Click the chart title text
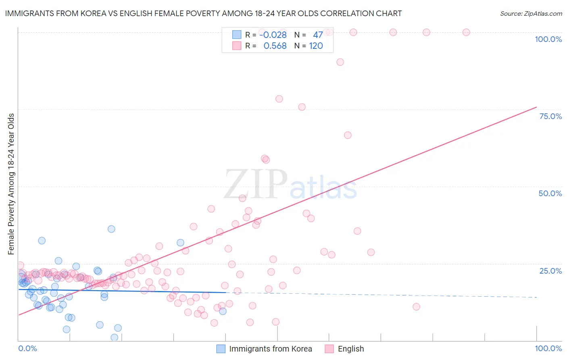[203, 13]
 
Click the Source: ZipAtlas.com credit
[531, 14]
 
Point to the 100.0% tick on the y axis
[548, 39]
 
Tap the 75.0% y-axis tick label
[550, 116]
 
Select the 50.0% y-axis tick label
[550, 193]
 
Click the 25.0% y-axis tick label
[550, 271]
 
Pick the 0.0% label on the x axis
[27, 348]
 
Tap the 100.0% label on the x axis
[548, 348]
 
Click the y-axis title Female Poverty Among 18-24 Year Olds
[11, 184]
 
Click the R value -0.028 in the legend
[273, 35]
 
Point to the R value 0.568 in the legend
[275, 46]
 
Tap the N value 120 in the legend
[316, 46]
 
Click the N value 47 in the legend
[318, 35]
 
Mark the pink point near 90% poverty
[340, 62]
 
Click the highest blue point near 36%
[111, 229]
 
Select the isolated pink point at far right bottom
[416, 307]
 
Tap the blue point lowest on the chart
[115, 337]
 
